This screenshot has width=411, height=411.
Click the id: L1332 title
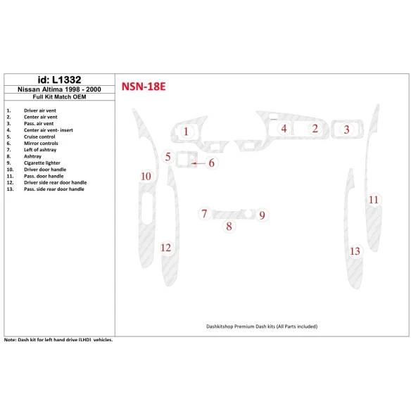(x=58, y=80)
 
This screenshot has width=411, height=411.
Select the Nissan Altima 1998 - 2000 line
(x=58, y=89)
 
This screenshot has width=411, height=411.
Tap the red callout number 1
(x=186, y=131)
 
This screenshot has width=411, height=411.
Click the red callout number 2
(x=315, y=128)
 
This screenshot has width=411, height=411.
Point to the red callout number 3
(x=346, y=129)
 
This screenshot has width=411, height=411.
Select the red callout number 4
(x=284, y=128)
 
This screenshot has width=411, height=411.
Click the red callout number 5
(x=168, y=157)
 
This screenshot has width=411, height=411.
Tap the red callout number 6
(x=211, y=163)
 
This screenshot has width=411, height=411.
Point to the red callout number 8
(x=228, y=226)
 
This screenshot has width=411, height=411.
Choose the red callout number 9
(x=261, y=215)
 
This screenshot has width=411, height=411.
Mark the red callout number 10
(x=146, y=176)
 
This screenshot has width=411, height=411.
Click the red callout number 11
(x=374, y=200)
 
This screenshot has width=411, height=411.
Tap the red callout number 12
(x=166, y=248)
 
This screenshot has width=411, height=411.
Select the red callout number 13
(x=355, y=251)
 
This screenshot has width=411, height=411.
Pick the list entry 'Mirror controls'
(x=41, y=144)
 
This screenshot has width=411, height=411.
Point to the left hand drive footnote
(x=58, y=339)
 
